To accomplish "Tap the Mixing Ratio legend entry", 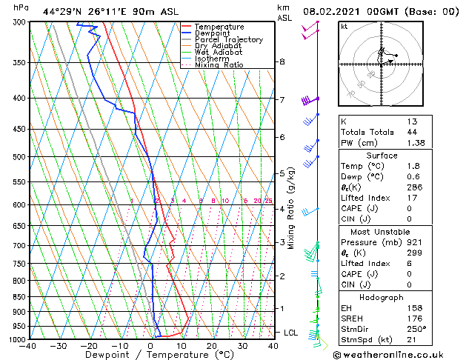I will (x=220, y=65).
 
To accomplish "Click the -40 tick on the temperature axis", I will (x=28, y=345).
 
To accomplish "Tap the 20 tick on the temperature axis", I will (x=212, y=345).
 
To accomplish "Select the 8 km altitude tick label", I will (x=282, y=61).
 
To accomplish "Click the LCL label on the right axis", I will (x=290, y=333).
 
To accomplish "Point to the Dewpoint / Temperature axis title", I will (x=150, y=355).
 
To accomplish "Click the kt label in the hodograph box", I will (x=344, y=27).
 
